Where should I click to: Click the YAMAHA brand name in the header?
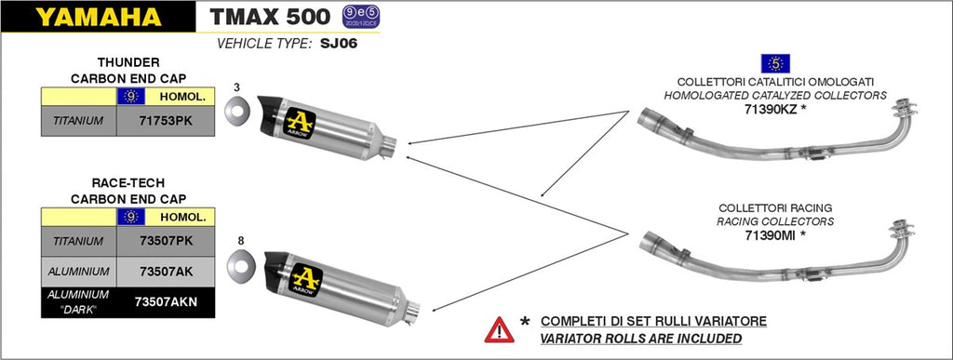(x=98, y=17)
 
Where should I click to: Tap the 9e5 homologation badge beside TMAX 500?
(x=356, y=17)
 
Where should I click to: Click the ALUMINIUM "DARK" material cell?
(x=78, y=301)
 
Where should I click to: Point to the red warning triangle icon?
(x=499, y=330)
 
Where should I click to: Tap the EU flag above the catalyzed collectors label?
(x=775, y=63)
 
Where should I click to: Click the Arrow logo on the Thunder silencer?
(x=299, y=123)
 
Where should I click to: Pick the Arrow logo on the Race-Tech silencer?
(x=306, y=279)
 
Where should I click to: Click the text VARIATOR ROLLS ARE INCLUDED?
(x=641, y=339)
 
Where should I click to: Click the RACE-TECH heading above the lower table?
(x=128, y=182)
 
